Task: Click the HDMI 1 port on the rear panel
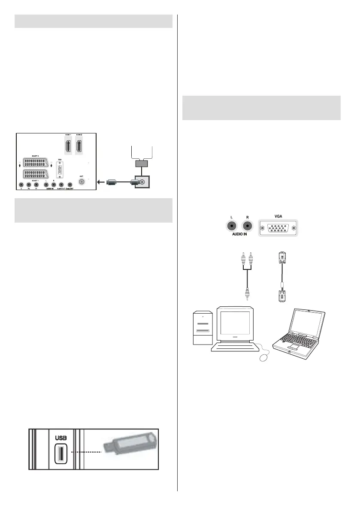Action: [x=68, y=146]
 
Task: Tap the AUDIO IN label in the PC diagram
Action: [x=239, y=236]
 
